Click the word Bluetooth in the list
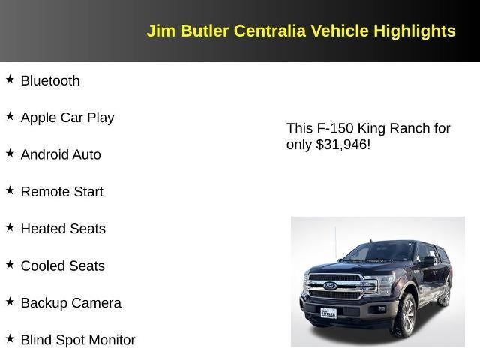(x=50, y=81)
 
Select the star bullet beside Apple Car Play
(x=10, y=116)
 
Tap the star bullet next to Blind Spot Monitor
(x=10, y=338)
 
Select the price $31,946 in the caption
(x=343, y=145)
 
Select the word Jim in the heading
(x=158, y=31)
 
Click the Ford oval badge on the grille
(x=330, y=286)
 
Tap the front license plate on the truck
(x=328, y=312)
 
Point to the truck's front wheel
(x=404, y=314)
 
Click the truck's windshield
(x=381, y=253)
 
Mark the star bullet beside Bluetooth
(x=10, y=79)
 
